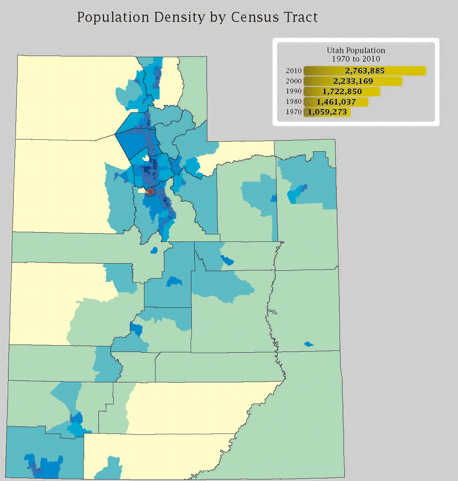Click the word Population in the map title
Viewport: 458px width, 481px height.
click(x=113, y=17)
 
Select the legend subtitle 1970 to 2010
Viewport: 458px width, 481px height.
click(x=356, y=59)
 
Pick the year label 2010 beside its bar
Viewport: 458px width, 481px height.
click(x=294, y=71)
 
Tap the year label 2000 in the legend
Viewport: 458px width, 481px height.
click(x=294, y=81)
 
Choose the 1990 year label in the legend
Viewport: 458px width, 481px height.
click(x=294, y=91)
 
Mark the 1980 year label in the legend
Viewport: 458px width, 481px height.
click(x=294, y=102)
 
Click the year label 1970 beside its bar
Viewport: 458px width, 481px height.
click(x=294, y=112)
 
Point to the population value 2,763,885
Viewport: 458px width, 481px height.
click(x=365, y=71)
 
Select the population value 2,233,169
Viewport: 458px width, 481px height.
click(x=353, y=81)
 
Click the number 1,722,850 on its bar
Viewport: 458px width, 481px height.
click(x=342, y=92)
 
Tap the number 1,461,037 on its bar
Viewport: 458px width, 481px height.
click(x=336, y=102)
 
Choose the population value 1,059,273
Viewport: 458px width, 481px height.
click(x=327, y=112)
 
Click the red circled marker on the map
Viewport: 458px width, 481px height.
click(x=150, y=192)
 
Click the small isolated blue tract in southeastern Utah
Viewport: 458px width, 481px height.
click(x=308, y=345)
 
